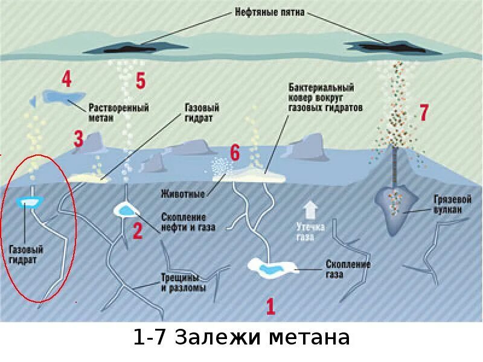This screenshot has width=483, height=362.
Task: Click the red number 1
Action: pos(270,306)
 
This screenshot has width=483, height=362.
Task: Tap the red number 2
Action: pos(138,231)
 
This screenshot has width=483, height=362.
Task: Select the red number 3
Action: pos(79,139)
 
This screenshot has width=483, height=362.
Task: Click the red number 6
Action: pos(235,151)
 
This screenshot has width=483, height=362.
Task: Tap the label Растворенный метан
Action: pos(119,112)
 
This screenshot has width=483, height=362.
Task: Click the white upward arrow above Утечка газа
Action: pos(310,210)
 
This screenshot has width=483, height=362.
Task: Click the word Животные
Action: pos(183,194)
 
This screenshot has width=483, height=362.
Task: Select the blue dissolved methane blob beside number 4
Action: pos(57,97)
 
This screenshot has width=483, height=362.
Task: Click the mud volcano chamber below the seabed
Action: pos(395,205)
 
